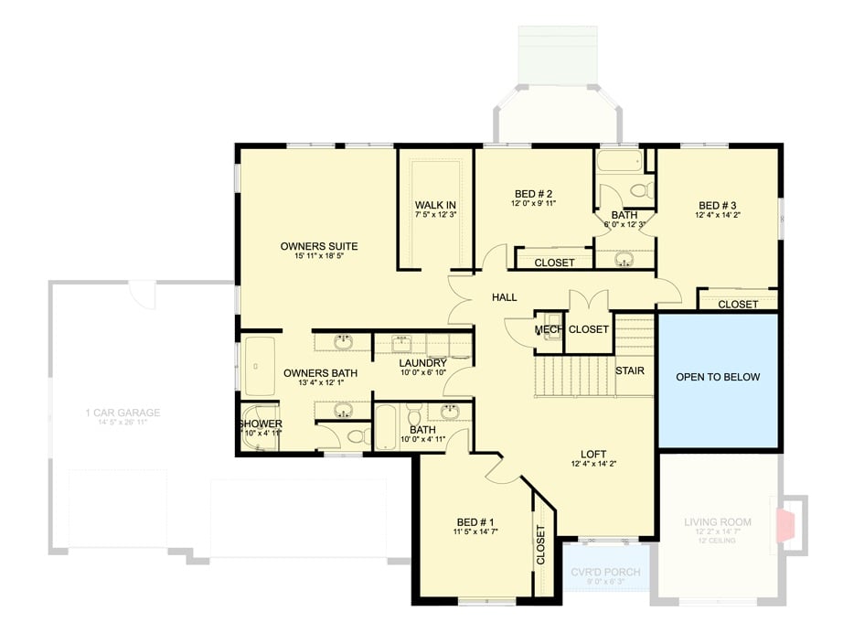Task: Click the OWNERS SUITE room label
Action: click(x=318, y=246)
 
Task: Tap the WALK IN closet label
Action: click(x=435, y=205)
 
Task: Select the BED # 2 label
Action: click(x=534, y=193)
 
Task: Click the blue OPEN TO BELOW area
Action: click(x=718, y=377)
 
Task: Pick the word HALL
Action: click(x=504, y=297)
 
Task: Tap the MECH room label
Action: click(x=548, y=329)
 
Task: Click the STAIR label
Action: click(x=629, y=370)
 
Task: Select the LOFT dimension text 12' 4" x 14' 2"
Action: click(x=593, y=465)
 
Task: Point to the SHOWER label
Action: click(x=261, y=424)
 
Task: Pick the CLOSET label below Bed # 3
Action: click(x=738, y=304)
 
